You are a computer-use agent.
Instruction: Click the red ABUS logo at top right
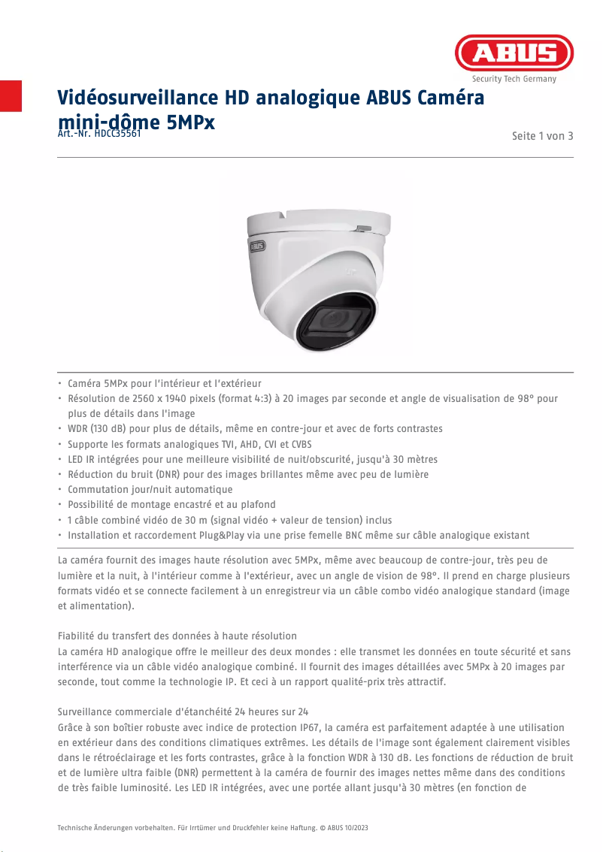(514, 53)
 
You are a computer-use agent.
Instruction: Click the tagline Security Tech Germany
(514, 79)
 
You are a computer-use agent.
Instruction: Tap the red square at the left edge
(11, 95)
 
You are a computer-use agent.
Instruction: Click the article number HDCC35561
(118, 134)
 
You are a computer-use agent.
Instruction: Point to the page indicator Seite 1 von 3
(542, 136)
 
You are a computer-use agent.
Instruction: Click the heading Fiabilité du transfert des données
(177, 636)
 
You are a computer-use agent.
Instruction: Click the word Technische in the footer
(77, 828)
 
